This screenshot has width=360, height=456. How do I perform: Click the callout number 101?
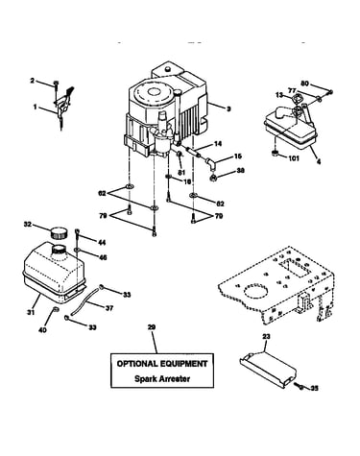point(294,158)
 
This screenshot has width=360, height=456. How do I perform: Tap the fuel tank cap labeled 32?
point(60,231)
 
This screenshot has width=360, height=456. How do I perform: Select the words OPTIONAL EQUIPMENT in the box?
point(162,364)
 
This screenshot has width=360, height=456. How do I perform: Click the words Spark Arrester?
point(162,379)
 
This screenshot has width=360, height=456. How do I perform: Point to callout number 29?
point(152,327)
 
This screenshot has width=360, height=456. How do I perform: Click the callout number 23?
point(266,336)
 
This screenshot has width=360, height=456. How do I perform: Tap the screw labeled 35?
point(300,387)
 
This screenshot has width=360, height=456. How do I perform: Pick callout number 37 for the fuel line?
point(109,308)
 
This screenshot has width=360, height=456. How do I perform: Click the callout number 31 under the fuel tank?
point(31,312)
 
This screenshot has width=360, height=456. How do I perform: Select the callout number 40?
point(42,329)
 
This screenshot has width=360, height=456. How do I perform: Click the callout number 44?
point(102,243)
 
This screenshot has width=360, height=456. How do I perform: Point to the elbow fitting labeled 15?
point(210,163)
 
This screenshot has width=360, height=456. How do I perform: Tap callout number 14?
point(218,144)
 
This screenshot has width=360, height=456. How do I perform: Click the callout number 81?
point(181,173)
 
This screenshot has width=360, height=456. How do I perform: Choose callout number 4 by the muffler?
point(319,162)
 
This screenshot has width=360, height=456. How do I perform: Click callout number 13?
point(279,95)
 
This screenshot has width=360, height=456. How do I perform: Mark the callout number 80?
point(304,84)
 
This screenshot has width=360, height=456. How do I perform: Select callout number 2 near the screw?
point(32,81)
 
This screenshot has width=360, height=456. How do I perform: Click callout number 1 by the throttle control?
point(35,107)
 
